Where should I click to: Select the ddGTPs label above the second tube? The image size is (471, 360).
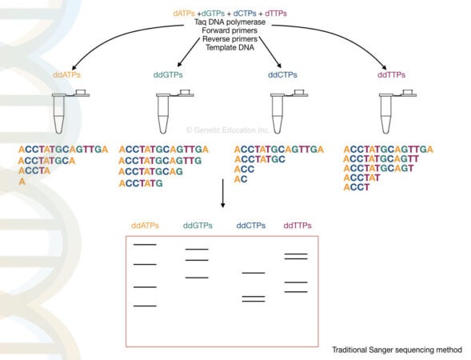(169, 74)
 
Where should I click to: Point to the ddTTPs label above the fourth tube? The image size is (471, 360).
(391, 74)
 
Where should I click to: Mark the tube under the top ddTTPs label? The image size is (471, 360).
(389, 112)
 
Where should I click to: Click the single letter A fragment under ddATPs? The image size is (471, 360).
(22, 182)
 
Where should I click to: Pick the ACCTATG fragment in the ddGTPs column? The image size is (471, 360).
(141, 183)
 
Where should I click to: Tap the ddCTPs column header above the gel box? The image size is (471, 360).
(252, 226)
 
